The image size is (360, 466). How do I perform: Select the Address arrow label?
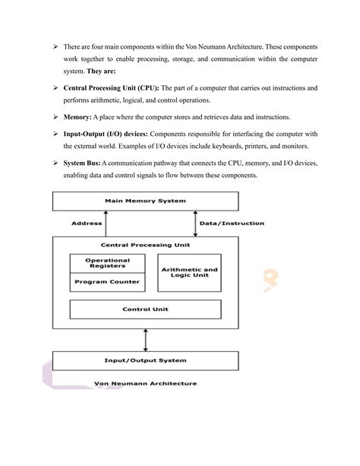(87, 223)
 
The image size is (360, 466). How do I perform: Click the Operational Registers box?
(107, 263)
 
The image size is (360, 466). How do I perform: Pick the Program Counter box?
(107, 282)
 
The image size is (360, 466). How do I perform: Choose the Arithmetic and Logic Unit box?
(190, 272)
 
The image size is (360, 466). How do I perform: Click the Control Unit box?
(145, 309)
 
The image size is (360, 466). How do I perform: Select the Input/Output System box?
(144, 360)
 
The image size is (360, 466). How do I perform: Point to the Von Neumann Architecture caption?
(145, 383)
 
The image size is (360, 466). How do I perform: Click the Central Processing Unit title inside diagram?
(144, 245)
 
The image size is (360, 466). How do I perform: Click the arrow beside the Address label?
(106, 223)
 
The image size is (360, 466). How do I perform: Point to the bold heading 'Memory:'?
(77, 116)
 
